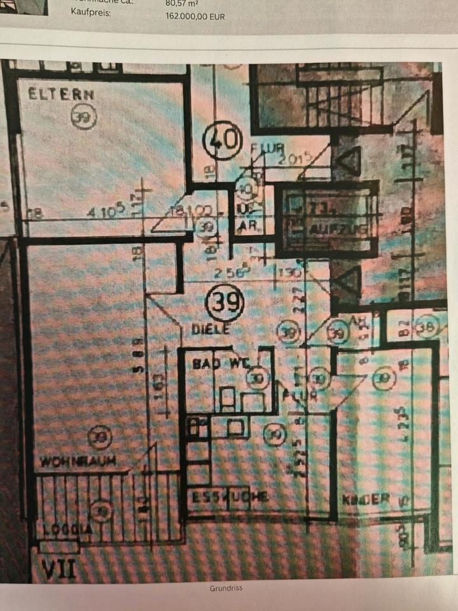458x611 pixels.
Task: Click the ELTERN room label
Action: click(x=61, y=95)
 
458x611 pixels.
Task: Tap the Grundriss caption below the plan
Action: click(x=226, y=588)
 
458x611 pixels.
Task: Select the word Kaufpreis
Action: click(x=92, y=13)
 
